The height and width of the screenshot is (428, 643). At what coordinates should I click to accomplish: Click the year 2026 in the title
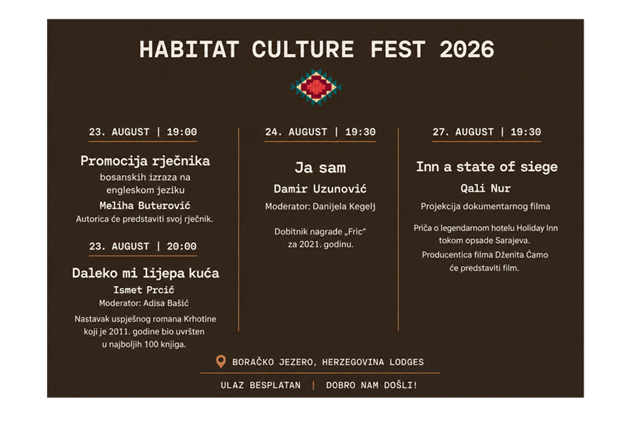coord(467,49)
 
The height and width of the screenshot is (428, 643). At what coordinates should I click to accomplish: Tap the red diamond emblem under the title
coord(316,87)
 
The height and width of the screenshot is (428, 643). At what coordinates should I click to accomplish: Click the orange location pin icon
coord(221,361)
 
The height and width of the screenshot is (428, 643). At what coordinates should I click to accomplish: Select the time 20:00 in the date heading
coord(181,246)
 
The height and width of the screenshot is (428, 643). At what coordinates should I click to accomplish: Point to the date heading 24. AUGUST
coord(296,132)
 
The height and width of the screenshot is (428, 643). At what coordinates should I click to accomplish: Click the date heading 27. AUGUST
coord(463,132)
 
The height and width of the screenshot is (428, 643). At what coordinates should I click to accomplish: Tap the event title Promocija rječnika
coord(145,161)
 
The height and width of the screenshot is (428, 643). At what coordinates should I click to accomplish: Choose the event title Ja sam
coord(320,168)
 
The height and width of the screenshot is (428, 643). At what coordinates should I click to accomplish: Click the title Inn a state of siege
coord(487,167)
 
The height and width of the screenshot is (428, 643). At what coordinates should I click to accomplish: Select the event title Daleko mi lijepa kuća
coord(146,273)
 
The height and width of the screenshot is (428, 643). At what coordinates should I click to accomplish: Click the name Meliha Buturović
coord(145,205)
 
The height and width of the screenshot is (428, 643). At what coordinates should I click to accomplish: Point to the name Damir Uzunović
coord(320,189)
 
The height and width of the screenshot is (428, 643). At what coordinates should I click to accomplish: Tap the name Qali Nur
coord(486,188)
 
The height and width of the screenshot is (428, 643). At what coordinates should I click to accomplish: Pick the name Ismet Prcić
coord(144,290)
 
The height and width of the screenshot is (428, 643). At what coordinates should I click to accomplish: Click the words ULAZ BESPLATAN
coord(260,385)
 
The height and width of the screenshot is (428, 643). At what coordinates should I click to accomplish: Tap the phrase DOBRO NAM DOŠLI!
coord(372,385)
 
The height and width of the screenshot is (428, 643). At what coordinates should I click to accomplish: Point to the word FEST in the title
coord(398,49)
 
